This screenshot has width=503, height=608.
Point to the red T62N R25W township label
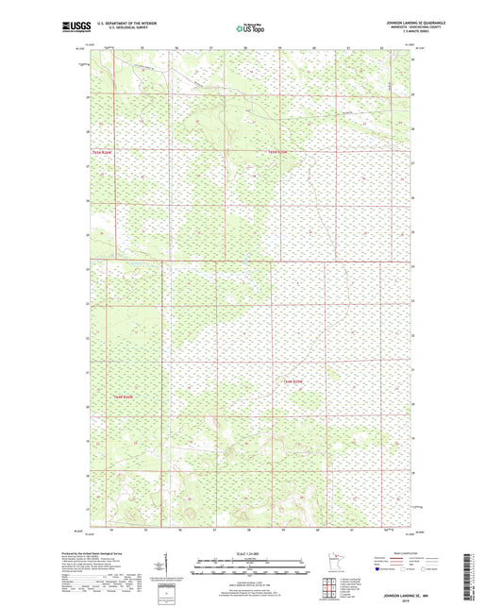coord(293,380)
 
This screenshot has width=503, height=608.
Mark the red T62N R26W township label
coord(126,396)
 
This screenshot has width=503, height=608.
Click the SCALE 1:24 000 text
coord(250,553)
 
